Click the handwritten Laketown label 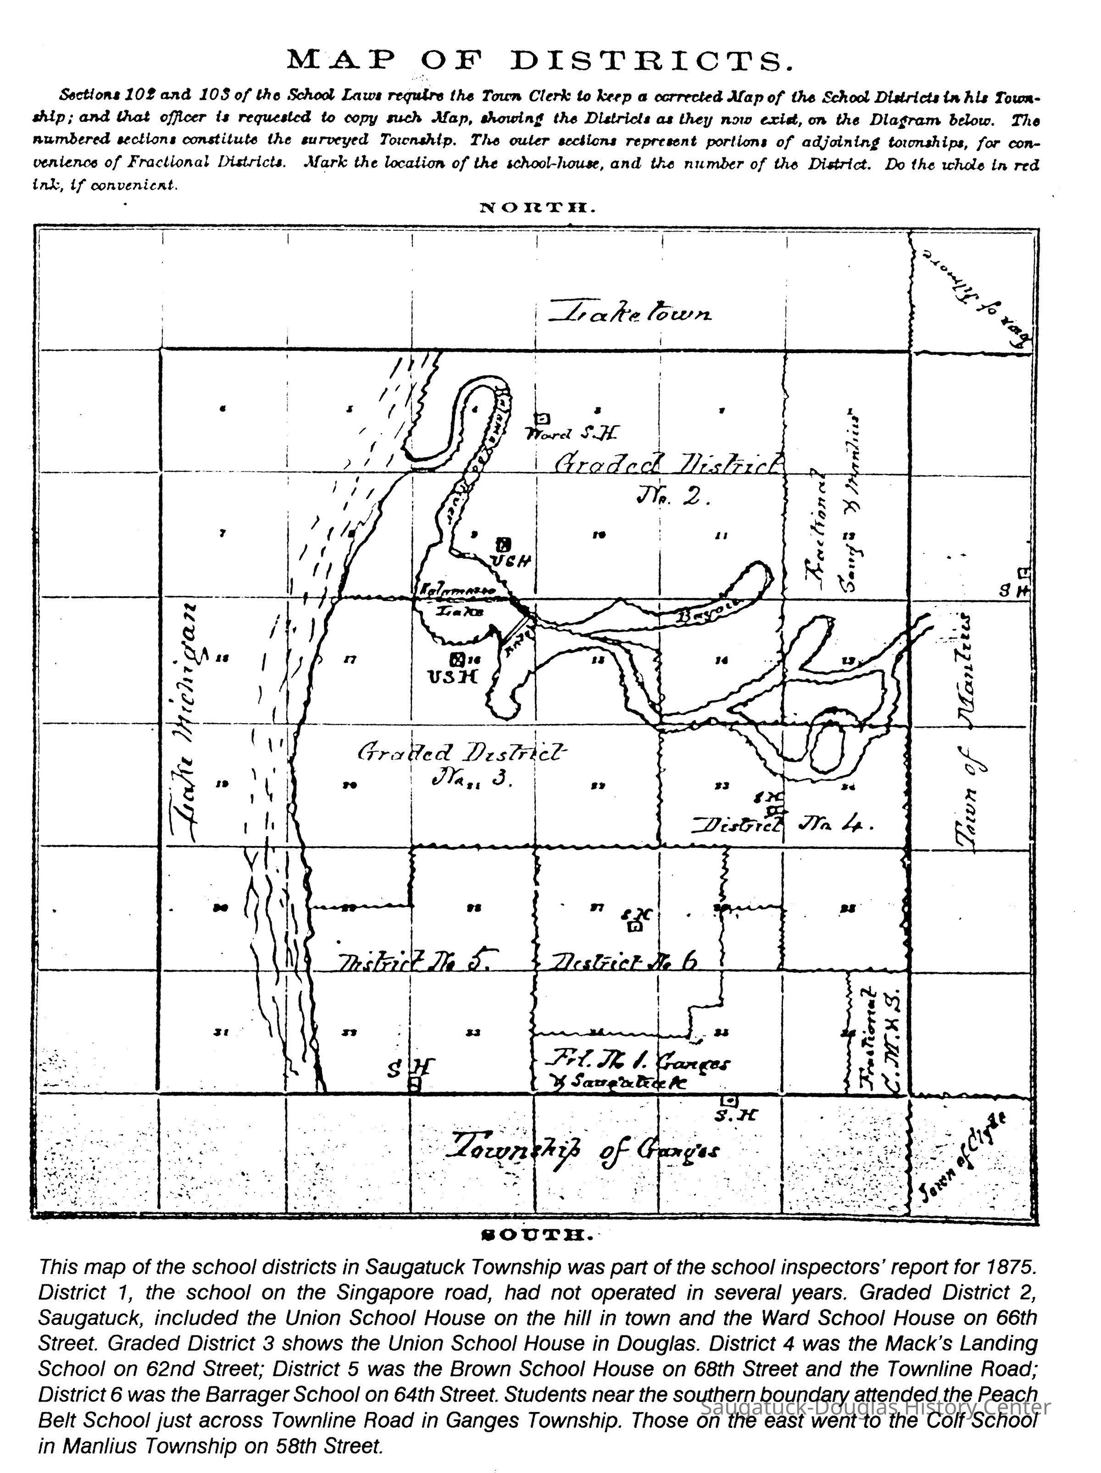[629, 312]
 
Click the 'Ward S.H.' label [572, 434]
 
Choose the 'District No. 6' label [623, 961]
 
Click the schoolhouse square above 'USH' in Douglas [457, 660]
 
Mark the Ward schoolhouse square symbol [543, 418]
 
